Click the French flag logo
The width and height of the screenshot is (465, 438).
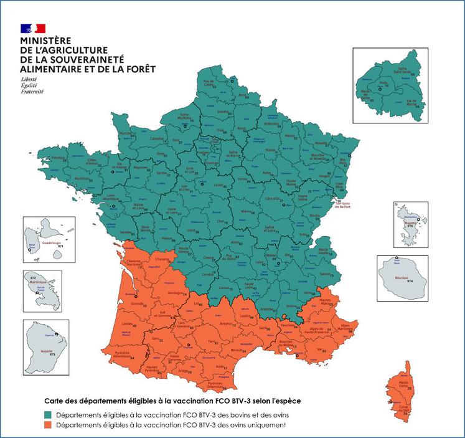pyautogui.click(x=33, y=27)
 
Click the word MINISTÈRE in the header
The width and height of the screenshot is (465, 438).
pyautogui.click(x=46, y=41)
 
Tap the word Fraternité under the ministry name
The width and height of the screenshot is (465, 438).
pyautogui.click(x=32, y=92)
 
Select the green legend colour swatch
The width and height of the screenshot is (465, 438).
pyautogui.click(x=47, y=414)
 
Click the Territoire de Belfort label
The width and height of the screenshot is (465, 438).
pyautogui.click(x=347, y=206)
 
